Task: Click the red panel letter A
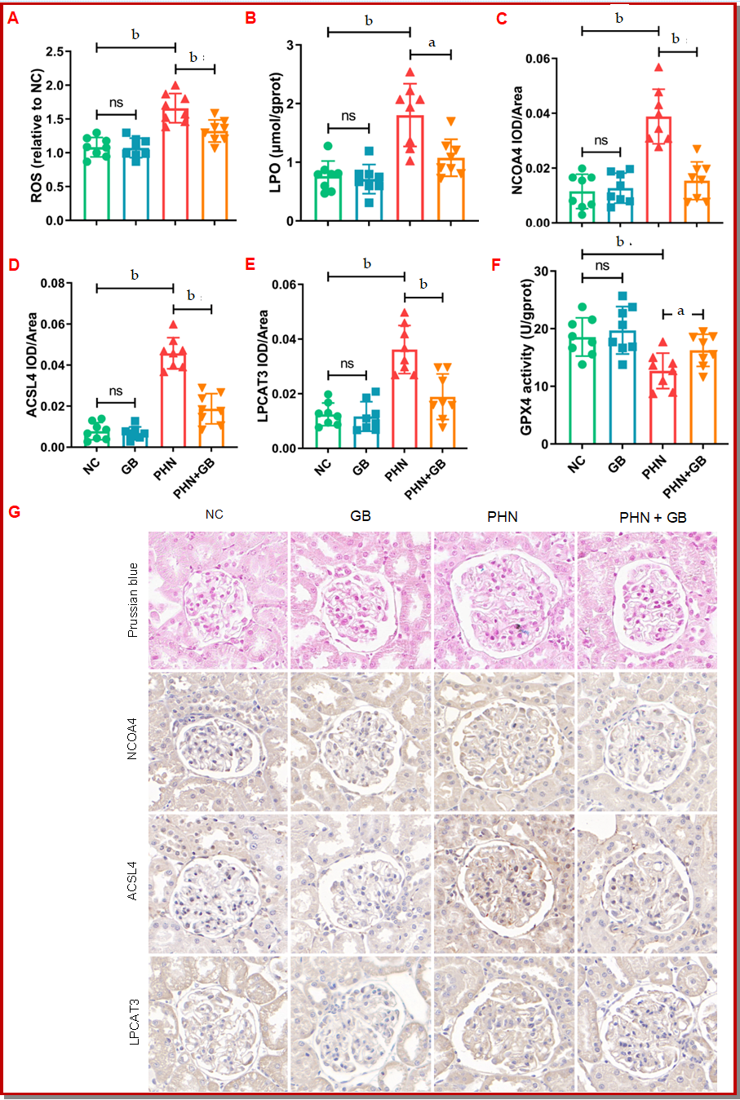pyautogui.click(x=12, y=17)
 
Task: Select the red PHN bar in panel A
pyautogui.click(x=175, y=163)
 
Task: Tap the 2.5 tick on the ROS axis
pyautogui.click(x=55, y=51)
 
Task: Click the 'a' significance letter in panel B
pyautogui.click(x=432, y=43)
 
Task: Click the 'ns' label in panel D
pyautogui.click(x=116, y=391)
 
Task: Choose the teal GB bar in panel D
pyautogui.click(x=135, y=437)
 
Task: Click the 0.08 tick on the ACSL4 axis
pyautogui.click(x=53, y=284)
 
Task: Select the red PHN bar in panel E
pyautogui.click(x=404, y=399)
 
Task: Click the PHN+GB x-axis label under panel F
pyautogui.click(x=685, y=476)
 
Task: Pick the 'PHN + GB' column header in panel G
pyautogui.click(x=653, y=517)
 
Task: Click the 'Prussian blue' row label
pyautogui.click(x=133, y=599)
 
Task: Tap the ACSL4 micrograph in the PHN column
pyautogui.click(x=503, y=884)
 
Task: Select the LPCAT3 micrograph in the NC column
pyautogui.click(x=218, y=1024)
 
